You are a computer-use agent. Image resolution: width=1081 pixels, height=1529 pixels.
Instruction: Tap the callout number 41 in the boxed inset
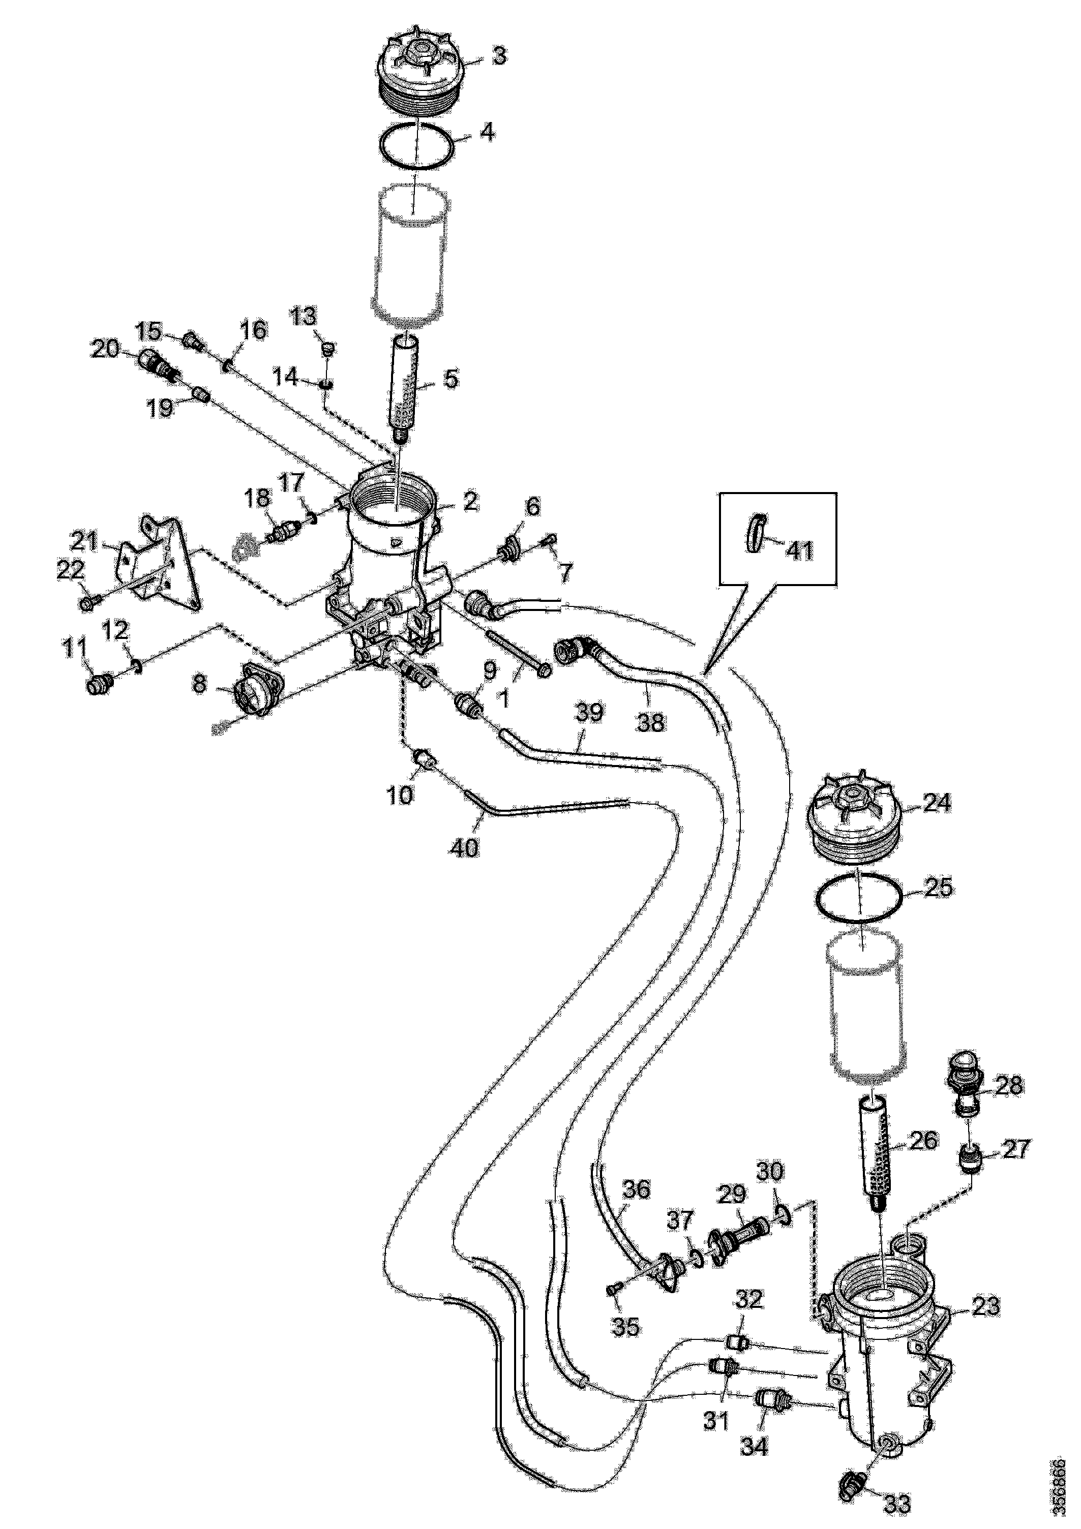coord(799,549)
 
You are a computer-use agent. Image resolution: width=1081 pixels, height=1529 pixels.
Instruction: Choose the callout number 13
coord(305,317)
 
